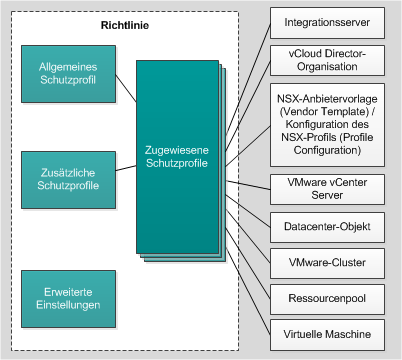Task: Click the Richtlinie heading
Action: pos(126,24)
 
